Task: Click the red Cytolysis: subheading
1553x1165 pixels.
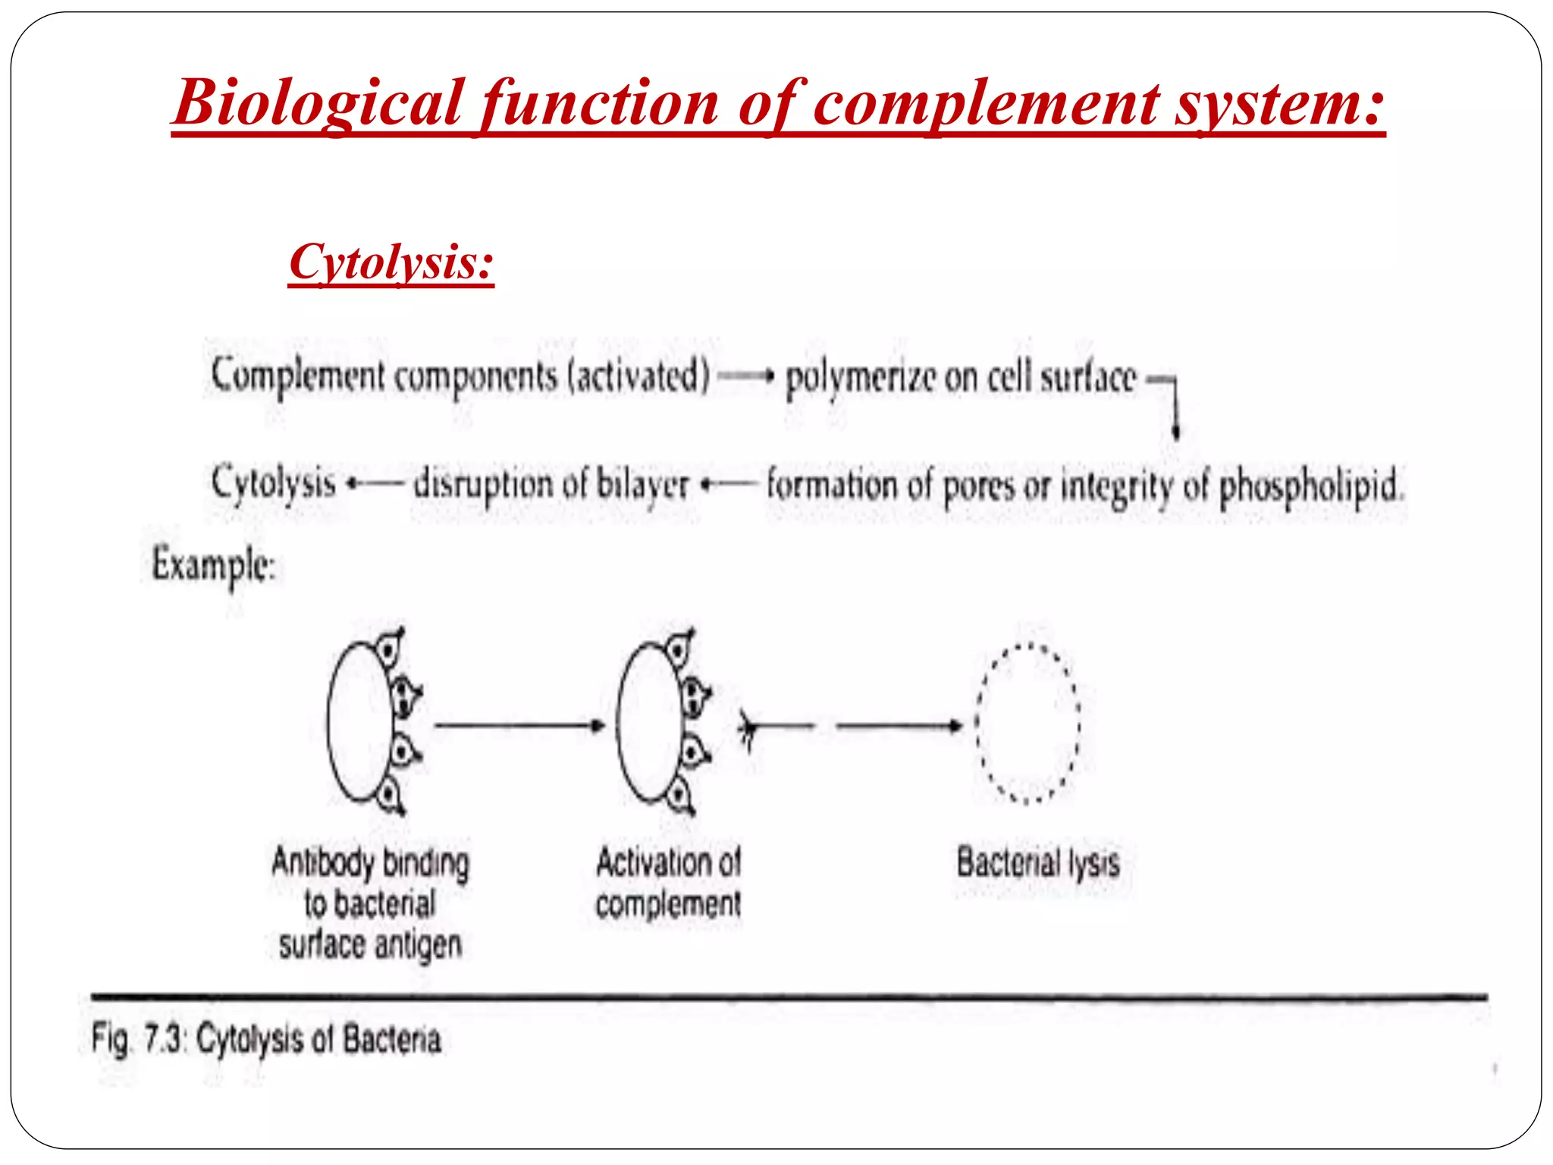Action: (391, 262)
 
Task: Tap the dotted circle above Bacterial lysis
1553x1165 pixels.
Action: (1027, 724)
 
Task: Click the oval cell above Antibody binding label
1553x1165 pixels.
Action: (359, 722)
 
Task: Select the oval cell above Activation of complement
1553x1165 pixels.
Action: (648, 722)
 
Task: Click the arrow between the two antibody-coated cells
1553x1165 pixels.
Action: (519, 726)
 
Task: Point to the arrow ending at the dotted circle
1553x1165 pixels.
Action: (899, 726)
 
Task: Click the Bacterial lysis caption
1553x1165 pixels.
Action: (1037, 863)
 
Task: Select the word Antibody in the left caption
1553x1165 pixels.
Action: (323, 863)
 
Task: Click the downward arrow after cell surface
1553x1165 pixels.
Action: (1175, 410)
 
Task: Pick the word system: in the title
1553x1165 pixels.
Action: (1280, 102)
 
